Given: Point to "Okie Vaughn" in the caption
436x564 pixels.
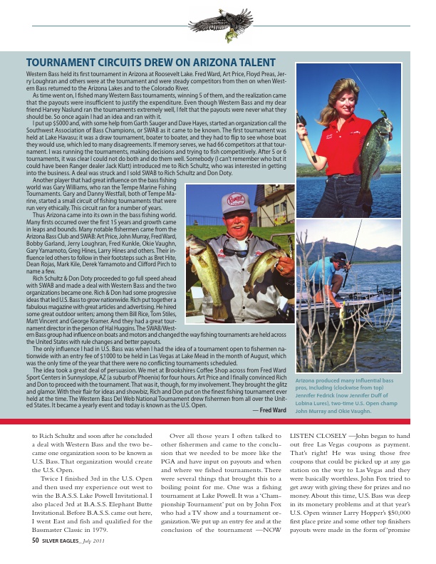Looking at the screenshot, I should tap(353, 411).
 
